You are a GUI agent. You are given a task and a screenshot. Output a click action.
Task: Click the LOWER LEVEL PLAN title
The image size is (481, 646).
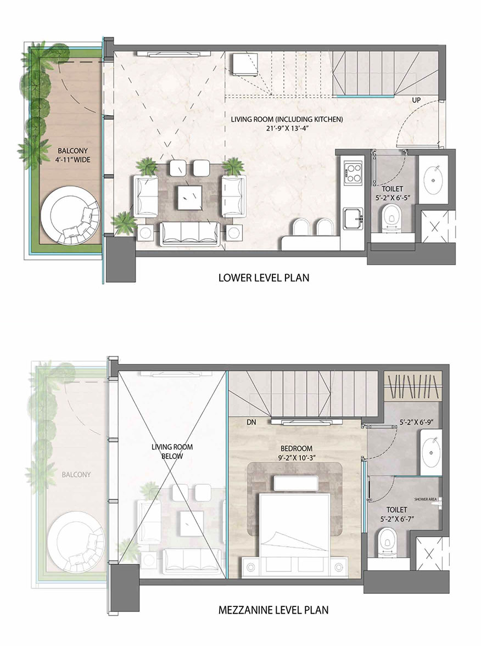coord(264,278)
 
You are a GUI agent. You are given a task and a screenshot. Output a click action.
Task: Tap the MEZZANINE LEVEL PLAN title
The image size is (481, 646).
coord(273,610)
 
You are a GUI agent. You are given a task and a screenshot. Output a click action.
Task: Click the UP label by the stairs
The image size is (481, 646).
coord(416,100)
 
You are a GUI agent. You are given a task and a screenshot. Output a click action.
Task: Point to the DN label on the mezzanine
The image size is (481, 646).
coord(251,422)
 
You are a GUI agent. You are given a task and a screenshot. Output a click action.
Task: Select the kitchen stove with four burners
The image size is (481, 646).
coord(354,173)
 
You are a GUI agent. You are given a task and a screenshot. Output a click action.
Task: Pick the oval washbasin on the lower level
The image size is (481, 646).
coord(434,180)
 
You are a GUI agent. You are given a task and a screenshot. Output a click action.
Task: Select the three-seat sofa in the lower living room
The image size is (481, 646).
coord(191,233)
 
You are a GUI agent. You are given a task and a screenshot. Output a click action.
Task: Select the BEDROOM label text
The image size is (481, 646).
coord(297,448)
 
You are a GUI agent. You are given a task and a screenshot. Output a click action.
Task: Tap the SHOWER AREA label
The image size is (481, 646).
coord(426,499)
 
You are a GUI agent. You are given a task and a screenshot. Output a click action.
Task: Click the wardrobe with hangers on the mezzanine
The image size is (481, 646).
coord(413,386)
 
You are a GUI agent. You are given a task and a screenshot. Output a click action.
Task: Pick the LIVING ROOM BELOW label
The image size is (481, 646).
coord(172,452)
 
